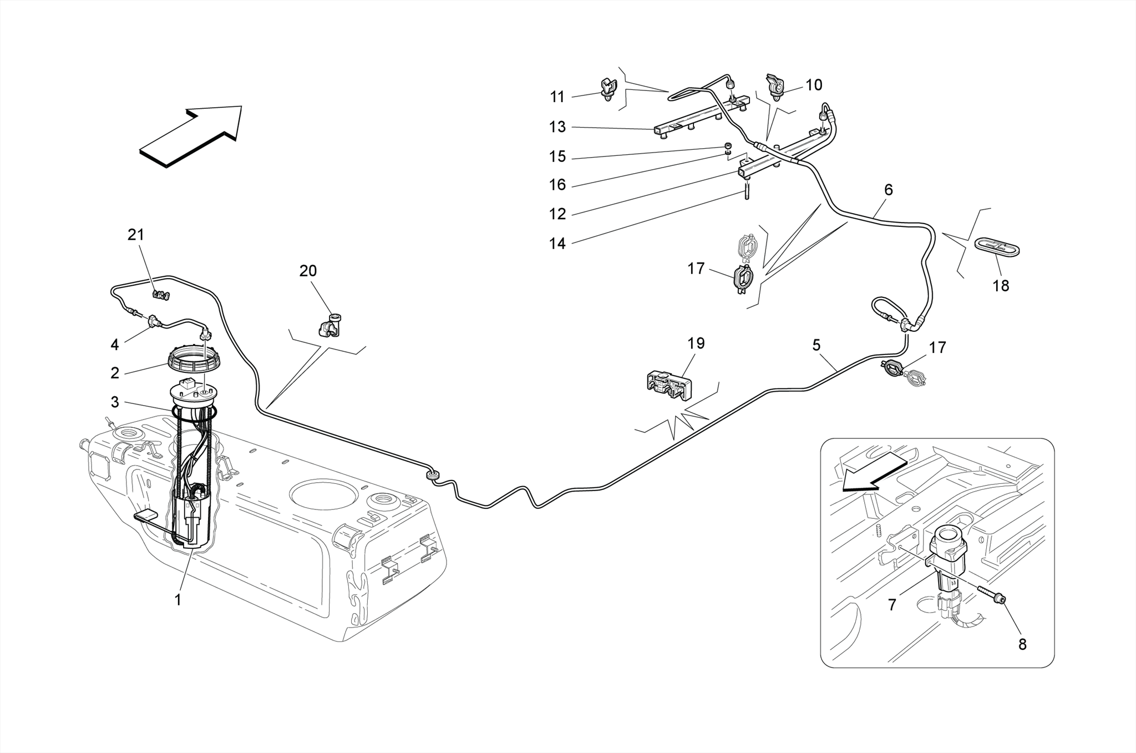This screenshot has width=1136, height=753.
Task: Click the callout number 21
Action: pos(136,235)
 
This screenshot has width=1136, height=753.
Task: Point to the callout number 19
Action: pos(696,343)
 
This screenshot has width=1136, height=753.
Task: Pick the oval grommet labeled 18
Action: pos(997,247)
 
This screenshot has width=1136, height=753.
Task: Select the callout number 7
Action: pos(892,605)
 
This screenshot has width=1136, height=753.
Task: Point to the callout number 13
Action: pos(557,127)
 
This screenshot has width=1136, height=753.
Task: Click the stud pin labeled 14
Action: pos(747,193)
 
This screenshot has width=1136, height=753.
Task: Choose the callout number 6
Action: pos(888,190)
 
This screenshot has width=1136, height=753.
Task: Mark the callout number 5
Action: pos(816,345)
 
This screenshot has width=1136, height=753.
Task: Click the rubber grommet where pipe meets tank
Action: pos(432,475)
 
